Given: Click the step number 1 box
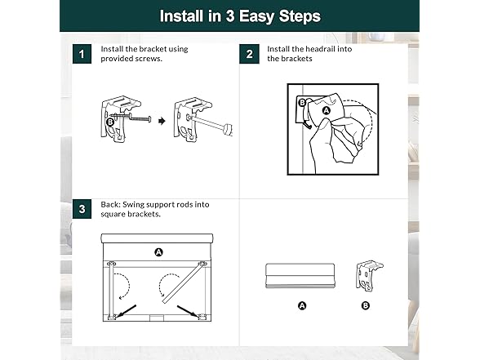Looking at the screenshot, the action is pos(82,54).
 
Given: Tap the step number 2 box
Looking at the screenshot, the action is pos(249,54).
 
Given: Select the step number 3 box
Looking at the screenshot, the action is pos(82,209).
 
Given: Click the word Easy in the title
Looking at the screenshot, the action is pos(256,16).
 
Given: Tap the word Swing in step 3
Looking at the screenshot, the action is pos(133,205).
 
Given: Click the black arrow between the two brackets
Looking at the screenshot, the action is pos(162,121).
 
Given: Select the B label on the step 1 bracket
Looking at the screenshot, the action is pos(110,122).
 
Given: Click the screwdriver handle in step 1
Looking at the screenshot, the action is pos(228,129).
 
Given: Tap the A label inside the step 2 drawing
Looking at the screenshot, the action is pos(327,110).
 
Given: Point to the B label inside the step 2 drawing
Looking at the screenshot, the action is pos(302,102).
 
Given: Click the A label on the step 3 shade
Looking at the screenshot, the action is pos(158,252).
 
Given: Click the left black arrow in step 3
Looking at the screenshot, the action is pos(126,311).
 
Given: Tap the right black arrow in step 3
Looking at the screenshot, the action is pos(188,311).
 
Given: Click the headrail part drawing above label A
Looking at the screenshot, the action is pos(300,276).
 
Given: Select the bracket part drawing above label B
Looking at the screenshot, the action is pos(369,276).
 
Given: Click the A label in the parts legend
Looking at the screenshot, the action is pos(302,305).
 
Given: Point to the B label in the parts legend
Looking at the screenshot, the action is pos(366,305).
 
